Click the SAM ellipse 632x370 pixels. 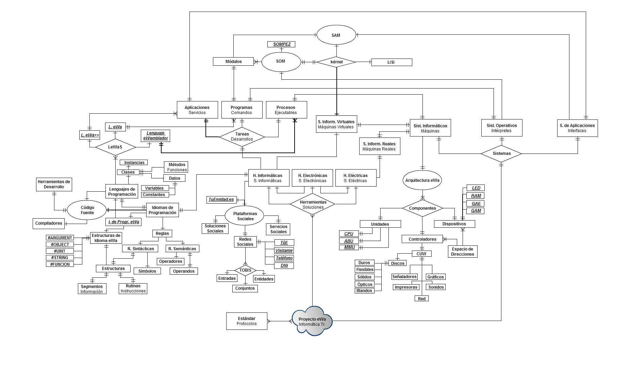(x=336, y=35)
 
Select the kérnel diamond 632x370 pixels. (x=336, y=62)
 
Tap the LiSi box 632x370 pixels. (x=392, y=62)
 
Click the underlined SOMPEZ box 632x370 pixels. (x=282, y=44)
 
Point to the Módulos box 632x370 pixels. (x=233, y=62)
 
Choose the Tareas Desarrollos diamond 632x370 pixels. (x=242, y=137)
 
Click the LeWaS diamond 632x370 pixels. (x=115, y=147)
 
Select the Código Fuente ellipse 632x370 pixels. (x=87, y=210)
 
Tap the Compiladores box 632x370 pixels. (x=49, y=223)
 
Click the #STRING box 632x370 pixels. (x=60, y=258)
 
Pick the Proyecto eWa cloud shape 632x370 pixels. (x=312, y=321)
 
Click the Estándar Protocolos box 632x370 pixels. (x=247, y=321)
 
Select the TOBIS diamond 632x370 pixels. (x=245, y=270)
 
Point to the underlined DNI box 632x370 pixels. (x=284, y=266)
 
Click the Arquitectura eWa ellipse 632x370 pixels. (x=422, y=180)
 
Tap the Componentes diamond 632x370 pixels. (x=422, y=208)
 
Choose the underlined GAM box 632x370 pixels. (x=476, y=211)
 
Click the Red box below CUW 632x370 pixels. (x=421, y=299)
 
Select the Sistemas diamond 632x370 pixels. (x=501, y=154)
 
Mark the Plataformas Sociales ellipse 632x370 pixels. (x=245, y=216)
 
